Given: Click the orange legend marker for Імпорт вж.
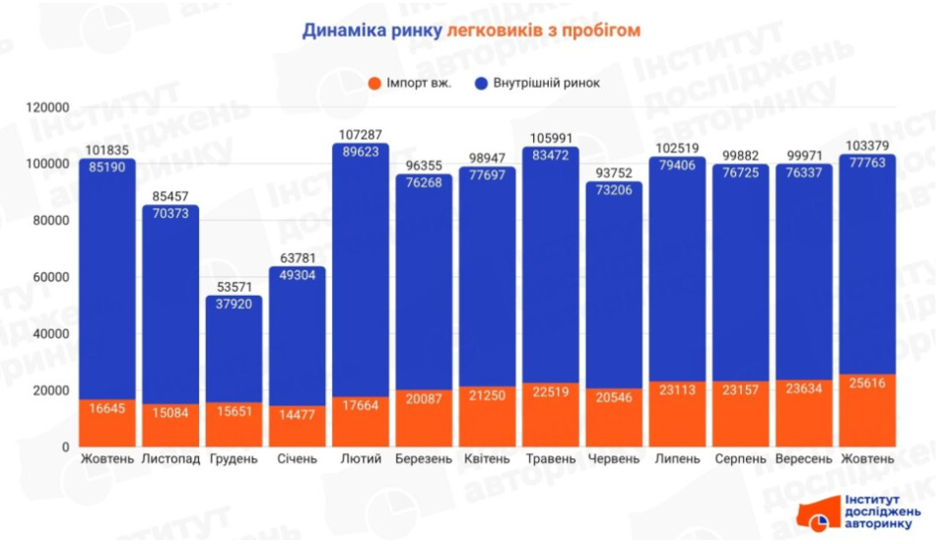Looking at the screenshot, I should click(374, 83).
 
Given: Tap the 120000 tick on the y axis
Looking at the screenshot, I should click(45, 106).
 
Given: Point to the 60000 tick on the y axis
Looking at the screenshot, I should click(48, 277).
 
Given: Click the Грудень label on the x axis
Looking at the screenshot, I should click(234, 459).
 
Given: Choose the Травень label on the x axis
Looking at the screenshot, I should click(550, 459).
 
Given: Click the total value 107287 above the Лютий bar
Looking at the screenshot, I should click(361, 136).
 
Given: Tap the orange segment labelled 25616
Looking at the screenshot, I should click(867, 410).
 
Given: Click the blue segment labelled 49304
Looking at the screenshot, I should click(298, 335).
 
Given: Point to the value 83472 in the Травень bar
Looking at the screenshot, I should click(550, 155).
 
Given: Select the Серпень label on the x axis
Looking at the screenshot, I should click(740, 459).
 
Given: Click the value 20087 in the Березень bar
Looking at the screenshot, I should click(424, 399).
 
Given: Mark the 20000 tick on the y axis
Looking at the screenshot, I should click(48, 390).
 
